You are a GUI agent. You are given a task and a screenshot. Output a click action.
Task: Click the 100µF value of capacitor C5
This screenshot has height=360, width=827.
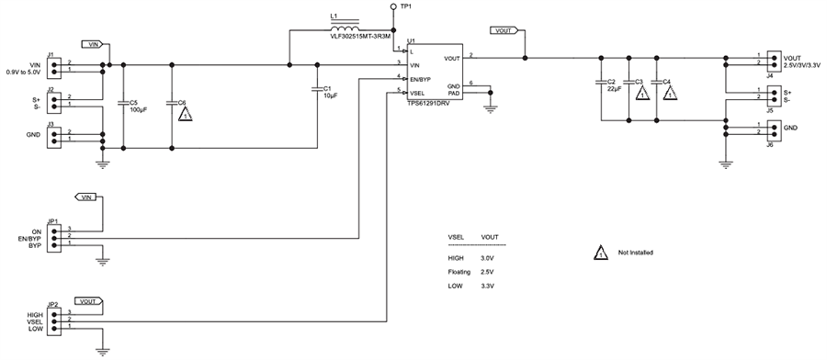coord(140,110)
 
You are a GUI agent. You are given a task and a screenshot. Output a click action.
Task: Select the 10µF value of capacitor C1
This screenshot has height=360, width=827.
coord(331,96)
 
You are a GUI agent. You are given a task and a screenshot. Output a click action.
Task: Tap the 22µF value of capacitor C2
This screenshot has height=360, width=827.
coord(616,90)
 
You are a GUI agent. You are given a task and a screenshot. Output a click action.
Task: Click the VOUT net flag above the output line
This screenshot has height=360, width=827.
coord(504,30)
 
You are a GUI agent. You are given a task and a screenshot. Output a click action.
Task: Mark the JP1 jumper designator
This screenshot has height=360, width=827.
coord(53,221)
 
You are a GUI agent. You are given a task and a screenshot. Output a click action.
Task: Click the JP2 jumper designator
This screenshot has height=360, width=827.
coord(53,305)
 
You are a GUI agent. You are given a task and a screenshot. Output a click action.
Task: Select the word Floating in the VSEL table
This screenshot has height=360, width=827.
coord(459,273)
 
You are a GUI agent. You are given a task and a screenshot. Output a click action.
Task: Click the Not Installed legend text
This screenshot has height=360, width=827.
coord(636,252)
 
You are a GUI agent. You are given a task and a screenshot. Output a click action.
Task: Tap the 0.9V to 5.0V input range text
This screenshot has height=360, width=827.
coord(24,71)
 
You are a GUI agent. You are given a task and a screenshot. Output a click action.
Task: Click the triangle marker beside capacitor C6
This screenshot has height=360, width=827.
coord(186,116)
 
